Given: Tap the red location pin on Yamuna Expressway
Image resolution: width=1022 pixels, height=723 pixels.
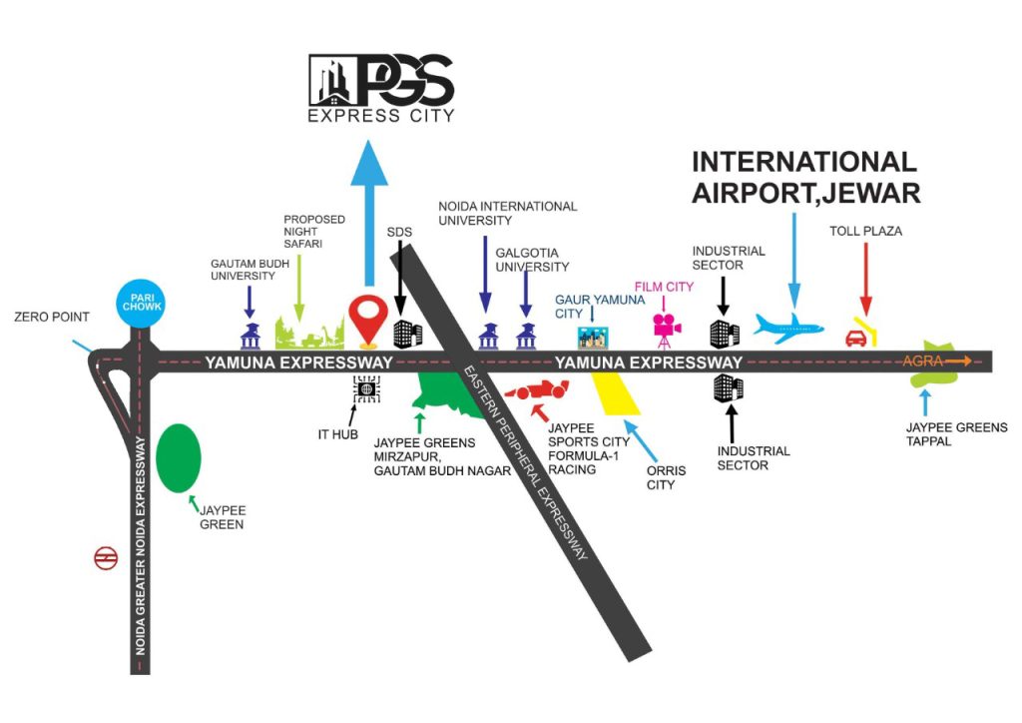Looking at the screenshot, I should (x=366, y=319).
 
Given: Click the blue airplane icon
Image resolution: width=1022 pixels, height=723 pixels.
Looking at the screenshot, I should (x=789, y=327).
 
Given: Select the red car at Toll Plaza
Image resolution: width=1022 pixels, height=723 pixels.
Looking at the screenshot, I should (x=855, y=339).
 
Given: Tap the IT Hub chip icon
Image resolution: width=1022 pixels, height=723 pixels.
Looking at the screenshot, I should (x=366, y=389).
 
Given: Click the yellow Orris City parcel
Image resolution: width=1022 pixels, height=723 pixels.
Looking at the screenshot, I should (x=617, y=394).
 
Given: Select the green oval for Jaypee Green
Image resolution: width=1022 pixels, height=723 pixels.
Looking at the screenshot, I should (x=179, y=457).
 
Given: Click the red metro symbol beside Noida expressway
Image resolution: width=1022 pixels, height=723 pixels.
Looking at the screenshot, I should (x=105, y=557).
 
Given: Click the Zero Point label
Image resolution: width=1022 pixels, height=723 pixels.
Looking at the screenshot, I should (x=52, y=318).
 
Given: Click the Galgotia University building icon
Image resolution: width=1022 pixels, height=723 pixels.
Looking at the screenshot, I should (x=526, y=337).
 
